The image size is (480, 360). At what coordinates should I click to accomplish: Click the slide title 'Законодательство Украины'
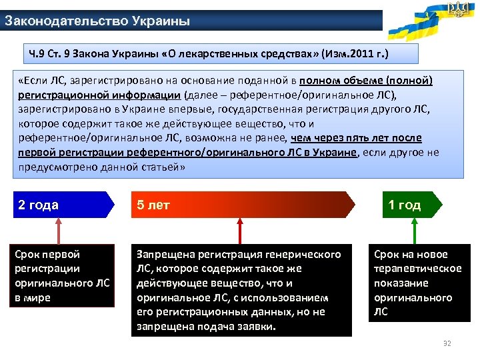click(97, 21)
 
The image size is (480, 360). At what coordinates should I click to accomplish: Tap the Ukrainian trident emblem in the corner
click(458, 10)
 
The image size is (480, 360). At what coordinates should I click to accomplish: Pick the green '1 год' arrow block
click(407, 205)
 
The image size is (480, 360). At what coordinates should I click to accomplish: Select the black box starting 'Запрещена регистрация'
click(241, 290)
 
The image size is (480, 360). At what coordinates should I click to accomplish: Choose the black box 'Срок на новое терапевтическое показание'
click(419, 283)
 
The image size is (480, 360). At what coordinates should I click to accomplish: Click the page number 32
click(447, 343)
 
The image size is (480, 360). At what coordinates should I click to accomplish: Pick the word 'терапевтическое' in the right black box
click(417, 269)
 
